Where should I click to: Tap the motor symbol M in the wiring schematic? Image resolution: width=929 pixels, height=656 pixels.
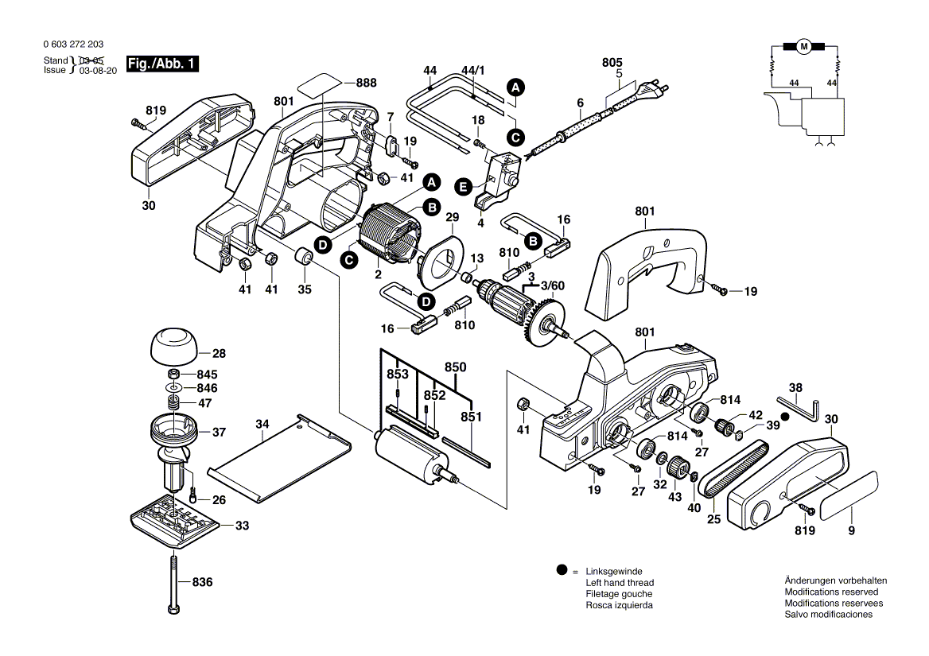coord(803,46)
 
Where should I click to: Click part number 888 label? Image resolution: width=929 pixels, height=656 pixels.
coord(366,83)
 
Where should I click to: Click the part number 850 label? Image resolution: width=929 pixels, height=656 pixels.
coord(455,367)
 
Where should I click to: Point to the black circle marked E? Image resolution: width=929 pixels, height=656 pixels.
coord(463,187)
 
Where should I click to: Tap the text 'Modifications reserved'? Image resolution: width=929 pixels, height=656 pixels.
coord(831,592)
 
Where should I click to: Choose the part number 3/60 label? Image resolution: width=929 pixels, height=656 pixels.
coord(553,285)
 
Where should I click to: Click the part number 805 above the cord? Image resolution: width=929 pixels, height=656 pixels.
coord(612,62)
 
